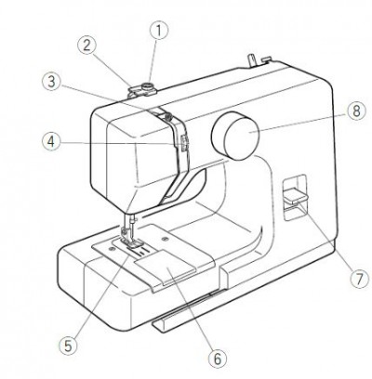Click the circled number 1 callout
[159, 31]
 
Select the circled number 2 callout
[86, 46]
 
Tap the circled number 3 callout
[51, 82]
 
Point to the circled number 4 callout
[51, 142]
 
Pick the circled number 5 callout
[68, 346]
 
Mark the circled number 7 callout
[359, 280]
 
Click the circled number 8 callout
[356, 111]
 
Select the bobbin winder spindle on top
[148, 87]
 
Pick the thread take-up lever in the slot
[183, 143]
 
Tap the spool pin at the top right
[251, 59]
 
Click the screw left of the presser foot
[111, 249]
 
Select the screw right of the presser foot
[165, 239]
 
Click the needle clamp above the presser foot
[125, 230]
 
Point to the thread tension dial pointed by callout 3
[168, 116]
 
